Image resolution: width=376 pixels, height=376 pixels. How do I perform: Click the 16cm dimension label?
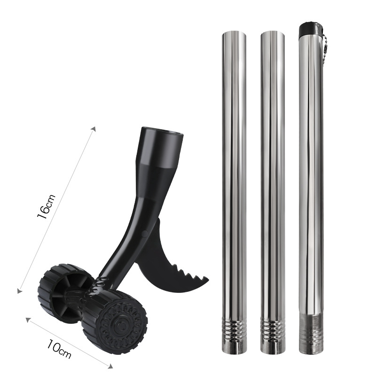(x=47, y=207)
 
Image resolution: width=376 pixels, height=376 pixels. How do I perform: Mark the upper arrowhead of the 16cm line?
(x=94, y=127)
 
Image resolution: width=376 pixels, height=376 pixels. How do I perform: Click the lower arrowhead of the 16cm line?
(x=19, y=291)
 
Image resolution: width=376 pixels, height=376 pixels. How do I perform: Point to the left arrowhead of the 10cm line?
(x=27, y=319)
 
